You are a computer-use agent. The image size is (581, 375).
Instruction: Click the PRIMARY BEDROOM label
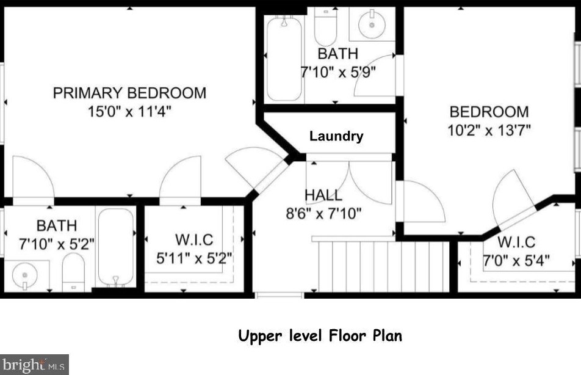click(x=129, y=93)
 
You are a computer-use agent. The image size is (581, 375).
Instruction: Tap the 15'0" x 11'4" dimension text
click(x=129, y=111)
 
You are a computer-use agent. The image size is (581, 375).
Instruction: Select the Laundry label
click(x=336, y=136)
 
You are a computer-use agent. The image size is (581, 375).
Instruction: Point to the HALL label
click(x=323, y=195)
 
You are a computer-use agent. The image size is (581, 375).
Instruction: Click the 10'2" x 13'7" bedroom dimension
click(x=489, y=130)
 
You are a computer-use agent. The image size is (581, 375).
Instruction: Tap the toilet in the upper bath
click(x=325, y=26)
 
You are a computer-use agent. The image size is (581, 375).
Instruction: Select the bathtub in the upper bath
click(x=284, y=58)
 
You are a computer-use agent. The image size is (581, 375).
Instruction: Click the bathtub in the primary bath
click(x=116, y=247)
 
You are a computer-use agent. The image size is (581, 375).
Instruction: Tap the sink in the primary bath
click(x=25, y=276)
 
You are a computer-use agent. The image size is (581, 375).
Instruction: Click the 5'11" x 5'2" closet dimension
click(x=194, y=258)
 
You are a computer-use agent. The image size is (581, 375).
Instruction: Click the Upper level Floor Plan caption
click(x=320, y=336)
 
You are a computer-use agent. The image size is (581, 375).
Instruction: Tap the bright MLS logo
click(x=34, y=365)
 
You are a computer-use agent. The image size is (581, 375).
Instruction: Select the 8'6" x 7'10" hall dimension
click(x=323, y=213)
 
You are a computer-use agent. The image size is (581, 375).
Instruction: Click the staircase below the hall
click(x=384, y=266)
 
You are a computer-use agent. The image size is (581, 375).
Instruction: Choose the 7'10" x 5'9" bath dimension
click(x=338, y=71)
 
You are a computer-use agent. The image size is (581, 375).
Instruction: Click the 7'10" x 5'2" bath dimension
click(x=57, y=244)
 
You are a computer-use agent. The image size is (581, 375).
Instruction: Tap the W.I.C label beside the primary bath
click(x=194, y=240)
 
